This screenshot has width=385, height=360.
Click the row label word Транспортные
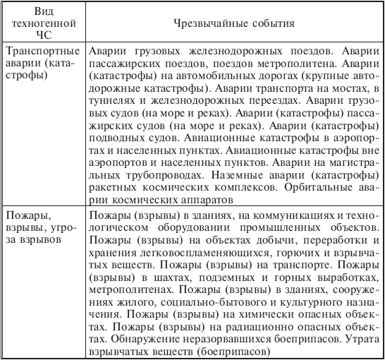click(38, 53)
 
